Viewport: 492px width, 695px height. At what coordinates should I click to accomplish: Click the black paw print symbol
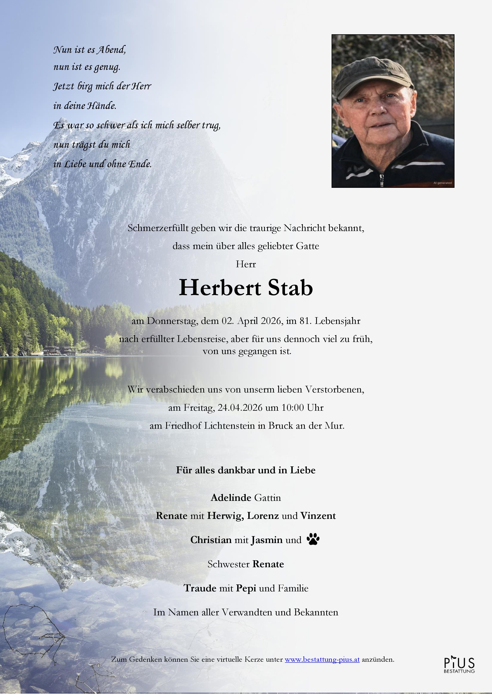(x=313, y=539)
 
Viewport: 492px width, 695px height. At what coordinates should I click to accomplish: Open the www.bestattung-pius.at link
(x=322, y=659)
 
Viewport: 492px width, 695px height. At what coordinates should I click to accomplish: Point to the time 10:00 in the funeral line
(x=293, y=408)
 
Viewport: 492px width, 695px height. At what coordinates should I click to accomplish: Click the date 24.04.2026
(x=240, y=408)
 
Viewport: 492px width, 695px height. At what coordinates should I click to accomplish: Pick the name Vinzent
(x=318, y=516)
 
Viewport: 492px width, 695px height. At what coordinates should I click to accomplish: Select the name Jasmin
(x=267, y=540)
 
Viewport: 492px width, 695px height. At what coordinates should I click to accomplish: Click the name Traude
(x=200, y=588)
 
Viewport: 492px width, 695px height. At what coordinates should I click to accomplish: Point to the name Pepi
(x=246, y=588)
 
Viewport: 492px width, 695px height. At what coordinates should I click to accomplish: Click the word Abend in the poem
(x=111, y=49)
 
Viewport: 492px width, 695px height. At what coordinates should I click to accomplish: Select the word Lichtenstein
(x=229, y=426)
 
